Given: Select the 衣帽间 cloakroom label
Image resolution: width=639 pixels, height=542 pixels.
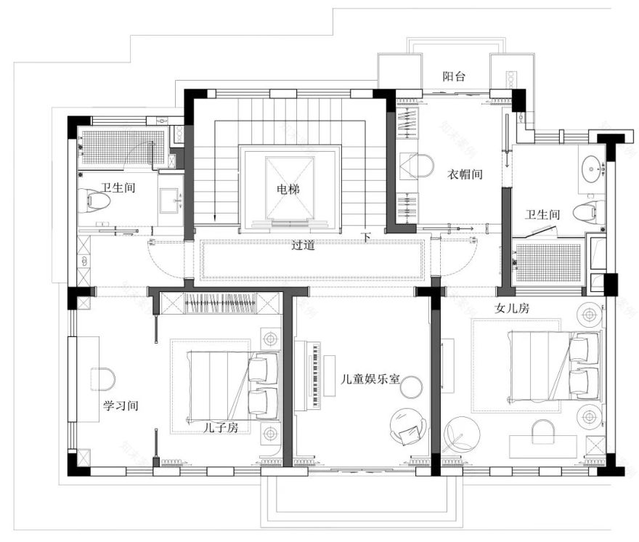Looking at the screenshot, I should [x=465, y=174].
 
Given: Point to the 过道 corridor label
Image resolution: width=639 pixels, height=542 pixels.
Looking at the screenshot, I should [x=303, y=246].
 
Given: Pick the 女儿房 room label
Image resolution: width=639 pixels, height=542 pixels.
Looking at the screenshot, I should [x=512, y=308].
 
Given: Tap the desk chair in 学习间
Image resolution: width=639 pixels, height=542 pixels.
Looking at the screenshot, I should [x=104, y=379].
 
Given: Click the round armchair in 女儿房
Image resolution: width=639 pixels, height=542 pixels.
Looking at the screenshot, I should [x=461, y=434].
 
